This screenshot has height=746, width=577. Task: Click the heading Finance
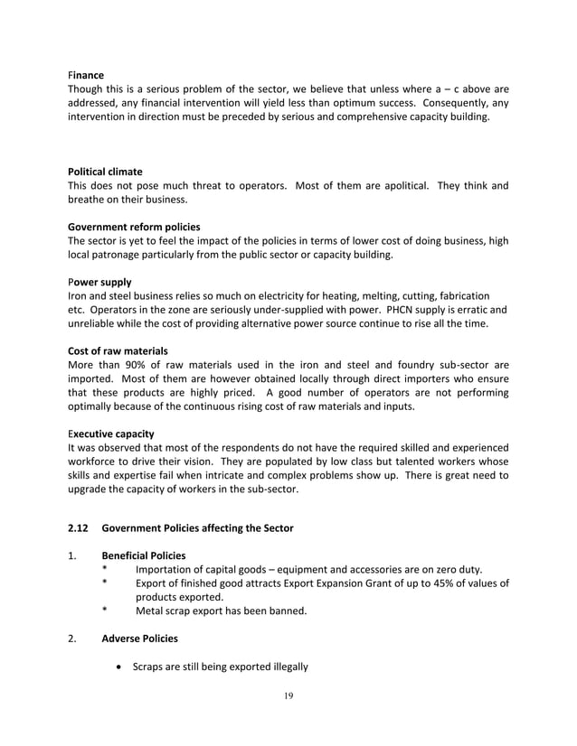coord(86,74)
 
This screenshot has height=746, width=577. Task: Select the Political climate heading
coord(105,171)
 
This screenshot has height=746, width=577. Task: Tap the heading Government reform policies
coord(134,227)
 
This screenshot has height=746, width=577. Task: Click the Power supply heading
coord(99,282)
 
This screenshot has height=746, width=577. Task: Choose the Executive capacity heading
coord(111,434)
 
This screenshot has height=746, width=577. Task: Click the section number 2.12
coord(79,527)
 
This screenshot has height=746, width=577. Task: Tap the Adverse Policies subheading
coord(139,639)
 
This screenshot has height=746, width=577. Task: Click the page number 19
coord(288,695)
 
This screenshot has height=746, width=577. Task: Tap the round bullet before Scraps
coord(120,667)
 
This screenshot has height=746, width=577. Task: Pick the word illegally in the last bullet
coord(286,667)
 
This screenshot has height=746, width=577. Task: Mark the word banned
coord(287,611)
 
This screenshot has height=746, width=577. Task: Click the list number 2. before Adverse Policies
coord(72,639)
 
